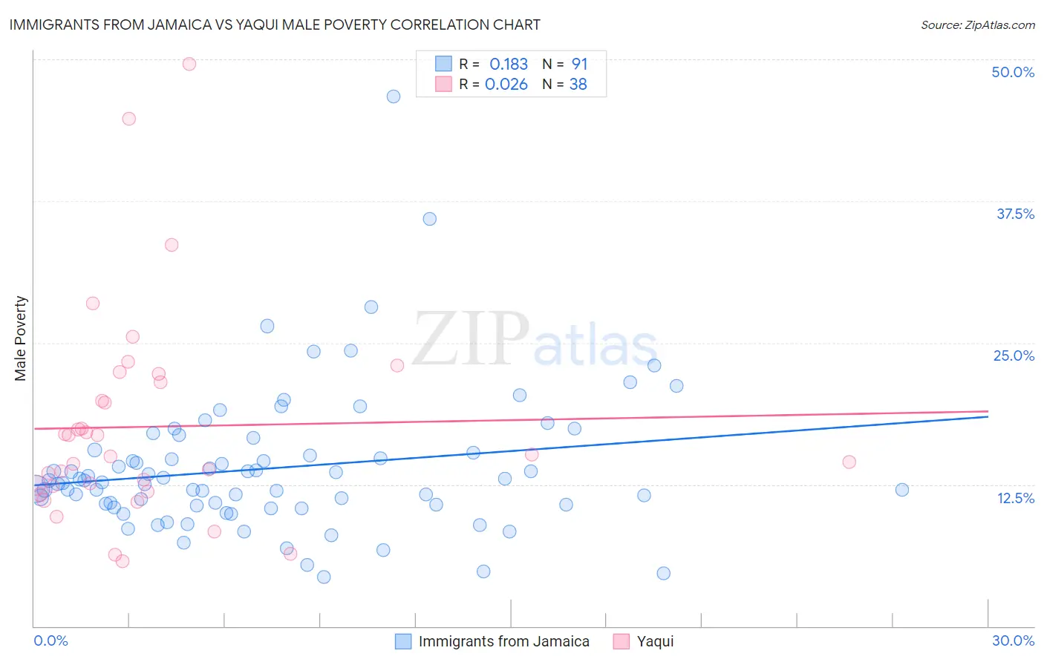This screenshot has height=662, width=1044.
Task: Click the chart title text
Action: coord(275,24)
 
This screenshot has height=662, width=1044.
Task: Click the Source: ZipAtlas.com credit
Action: coord(977,24)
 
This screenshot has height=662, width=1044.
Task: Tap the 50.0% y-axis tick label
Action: coord(1013,72)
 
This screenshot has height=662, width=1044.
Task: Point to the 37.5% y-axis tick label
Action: coord(1015,214)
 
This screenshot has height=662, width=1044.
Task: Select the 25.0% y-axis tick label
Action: coord(1014,355)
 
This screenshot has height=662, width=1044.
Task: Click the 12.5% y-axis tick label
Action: coord(1015,498)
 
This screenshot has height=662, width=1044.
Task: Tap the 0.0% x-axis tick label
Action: coord(50,640)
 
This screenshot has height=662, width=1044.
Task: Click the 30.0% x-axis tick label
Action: coord(1013,640)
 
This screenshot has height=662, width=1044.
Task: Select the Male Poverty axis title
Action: coord(21,338)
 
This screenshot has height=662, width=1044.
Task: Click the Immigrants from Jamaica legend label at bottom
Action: coord(503,641)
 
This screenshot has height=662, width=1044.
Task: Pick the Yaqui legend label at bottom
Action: coord(655,641)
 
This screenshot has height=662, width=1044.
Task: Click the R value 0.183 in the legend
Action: coord(509,64)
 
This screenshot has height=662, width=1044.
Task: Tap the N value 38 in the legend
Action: coord(578,85)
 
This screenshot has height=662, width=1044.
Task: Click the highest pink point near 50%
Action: coord(189,64)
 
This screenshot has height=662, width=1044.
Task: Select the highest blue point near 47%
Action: coord(394,96)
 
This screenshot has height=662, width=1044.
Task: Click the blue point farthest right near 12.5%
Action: coord(902,490)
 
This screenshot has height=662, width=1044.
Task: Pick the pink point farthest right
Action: coord(849,462)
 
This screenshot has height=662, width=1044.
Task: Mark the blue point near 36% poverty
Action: coord(429,219)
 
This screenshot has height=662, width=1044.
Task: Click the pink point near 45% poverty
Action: coord(129,119)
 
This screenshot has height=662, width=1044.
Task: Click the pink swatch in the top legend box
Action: coord(443,85)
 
